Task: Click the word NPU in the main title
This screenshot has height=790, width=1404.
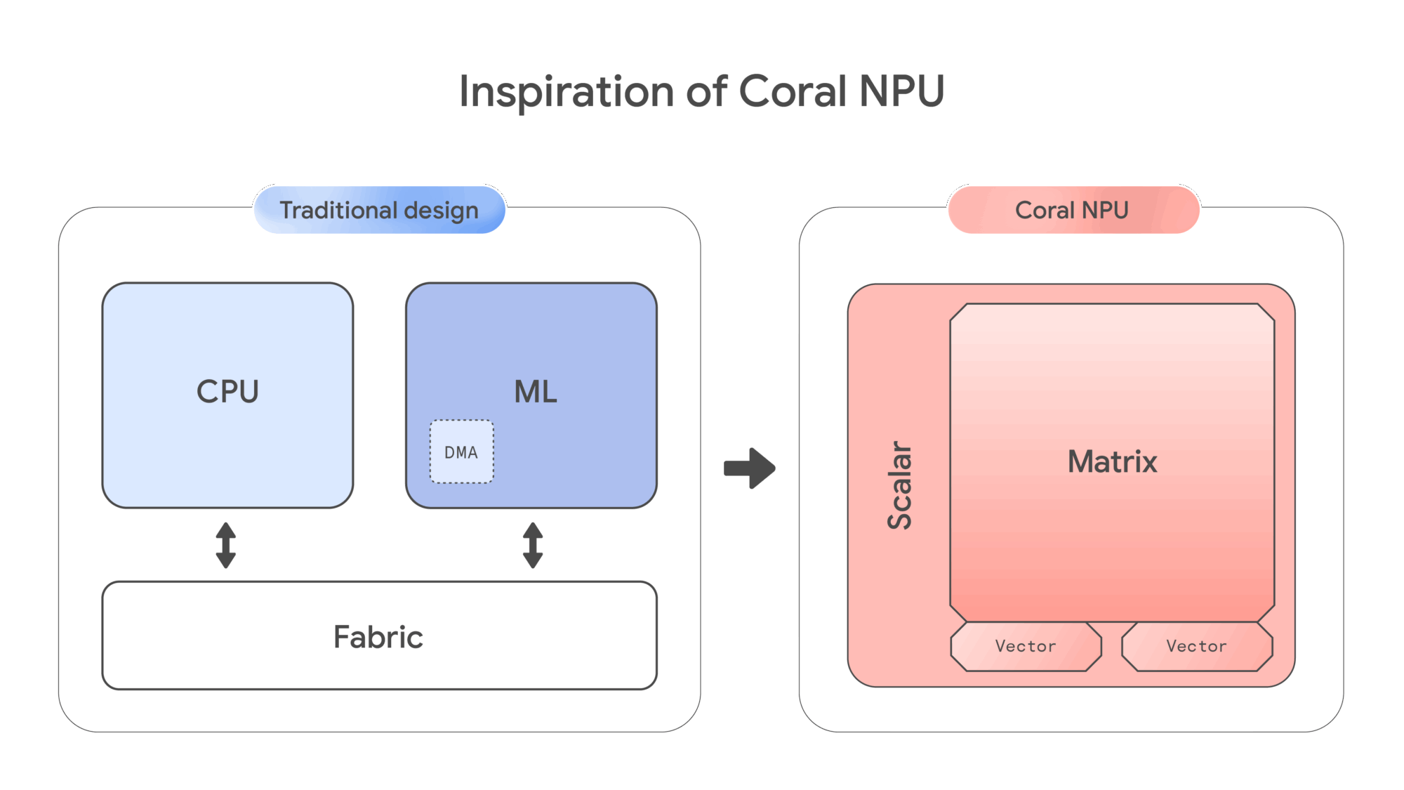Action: pos(901,91)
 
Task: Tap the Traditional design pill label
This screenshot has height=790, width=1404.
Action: pos(379,210)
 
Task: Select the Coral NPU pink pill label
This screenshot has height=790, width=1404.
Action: pos(1072,210)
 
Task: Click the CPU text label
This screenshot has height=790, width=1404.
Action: pos(227,392)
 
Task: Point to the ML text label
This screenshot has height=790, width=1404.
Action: pos(536,392)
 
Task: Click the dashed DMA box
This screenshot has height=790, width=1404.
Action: pos(461,452)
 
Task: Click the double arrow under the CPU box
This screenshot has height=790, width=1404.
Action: pos(225,545)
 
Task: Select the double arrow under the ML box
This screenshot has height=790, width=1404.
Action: pos(533,545)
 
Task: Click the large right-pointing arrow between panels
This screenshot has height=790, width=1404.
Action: pos(750,468)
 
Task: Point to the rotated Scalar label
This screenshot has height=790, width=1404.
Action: pos(900,485)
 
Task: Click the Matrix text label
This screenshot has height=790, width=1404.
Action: pos(1112,462)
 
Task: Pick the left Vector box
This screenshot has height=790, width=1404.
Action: pos(1026,646)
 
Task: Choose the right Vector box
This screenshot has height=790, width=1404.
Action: pos(1196,646)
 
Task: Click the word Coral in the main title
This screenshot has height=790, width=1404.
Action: pos(793,91)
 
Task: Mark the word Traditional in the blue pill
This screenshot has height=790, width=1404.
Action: pos(338,210)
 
